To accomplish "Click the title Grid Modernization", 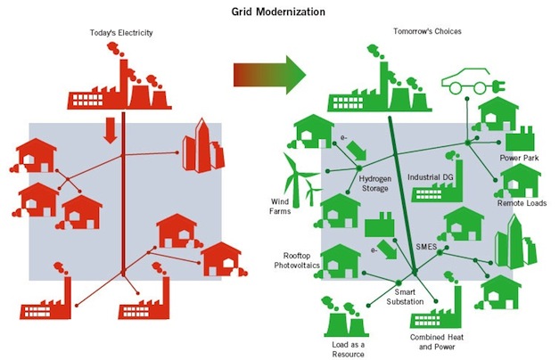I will pyautogui.click(x=280, y=12).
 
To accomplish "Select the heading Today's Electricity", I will pyautogui.click(x=121, y=33).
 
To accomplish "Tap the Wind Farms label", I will pyautogui.click(x=282, y=207).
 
